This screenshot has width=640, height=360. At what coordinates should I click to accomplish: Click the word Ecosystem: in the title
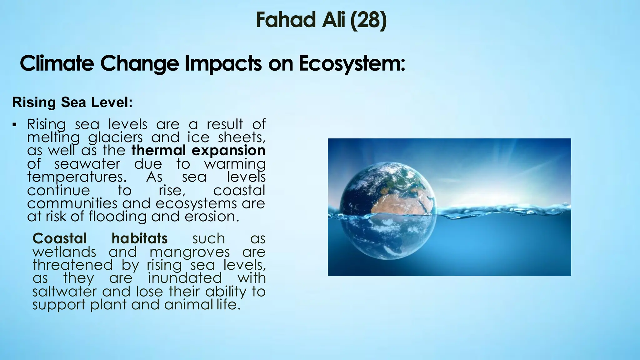[x=352, y=63]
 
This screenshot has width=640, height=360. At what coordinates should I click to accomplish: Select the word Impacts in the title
[x=224, y=63]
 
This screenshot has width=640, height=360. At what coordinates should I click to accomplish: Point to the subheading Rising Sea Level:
[x=72, y=102]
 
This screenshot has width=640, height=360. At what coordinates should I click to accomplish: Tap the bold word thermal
[x=159, y=150]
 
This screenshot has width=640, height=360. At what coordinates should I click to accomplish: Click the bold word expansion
[x=228, y=150]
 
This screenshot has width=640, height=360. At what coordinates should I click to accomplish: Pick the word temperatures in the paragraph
[x=77, y=177]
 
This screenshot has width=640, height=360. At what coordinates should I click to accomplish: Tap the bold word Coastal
[x=59, y=238]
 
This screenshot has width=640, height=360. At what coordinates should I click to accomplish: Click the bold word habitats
[x=140, y=238]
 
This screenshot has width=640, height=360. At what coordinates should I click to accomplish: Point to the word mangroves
[x=190, y=252]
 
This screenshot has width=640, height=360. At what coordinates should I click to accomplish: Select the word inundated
[x=185, y=278]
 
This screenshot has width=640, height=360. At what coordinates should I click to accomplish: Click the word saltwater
[x=65, y=292]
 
